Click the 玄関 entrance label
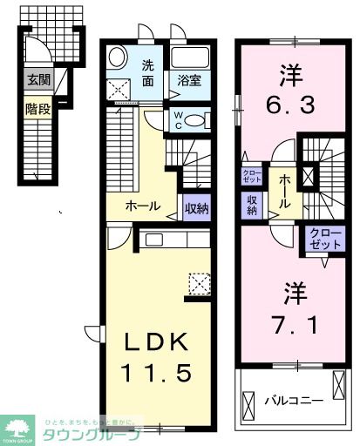[x=37, y=81]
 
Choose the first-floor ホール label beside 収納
[x=142, y=206]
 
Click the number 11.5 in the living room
[x=156, y=373]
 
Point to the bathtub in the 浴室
[x=189, y=57]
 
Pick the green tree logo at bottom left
[x=17, y=428]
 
